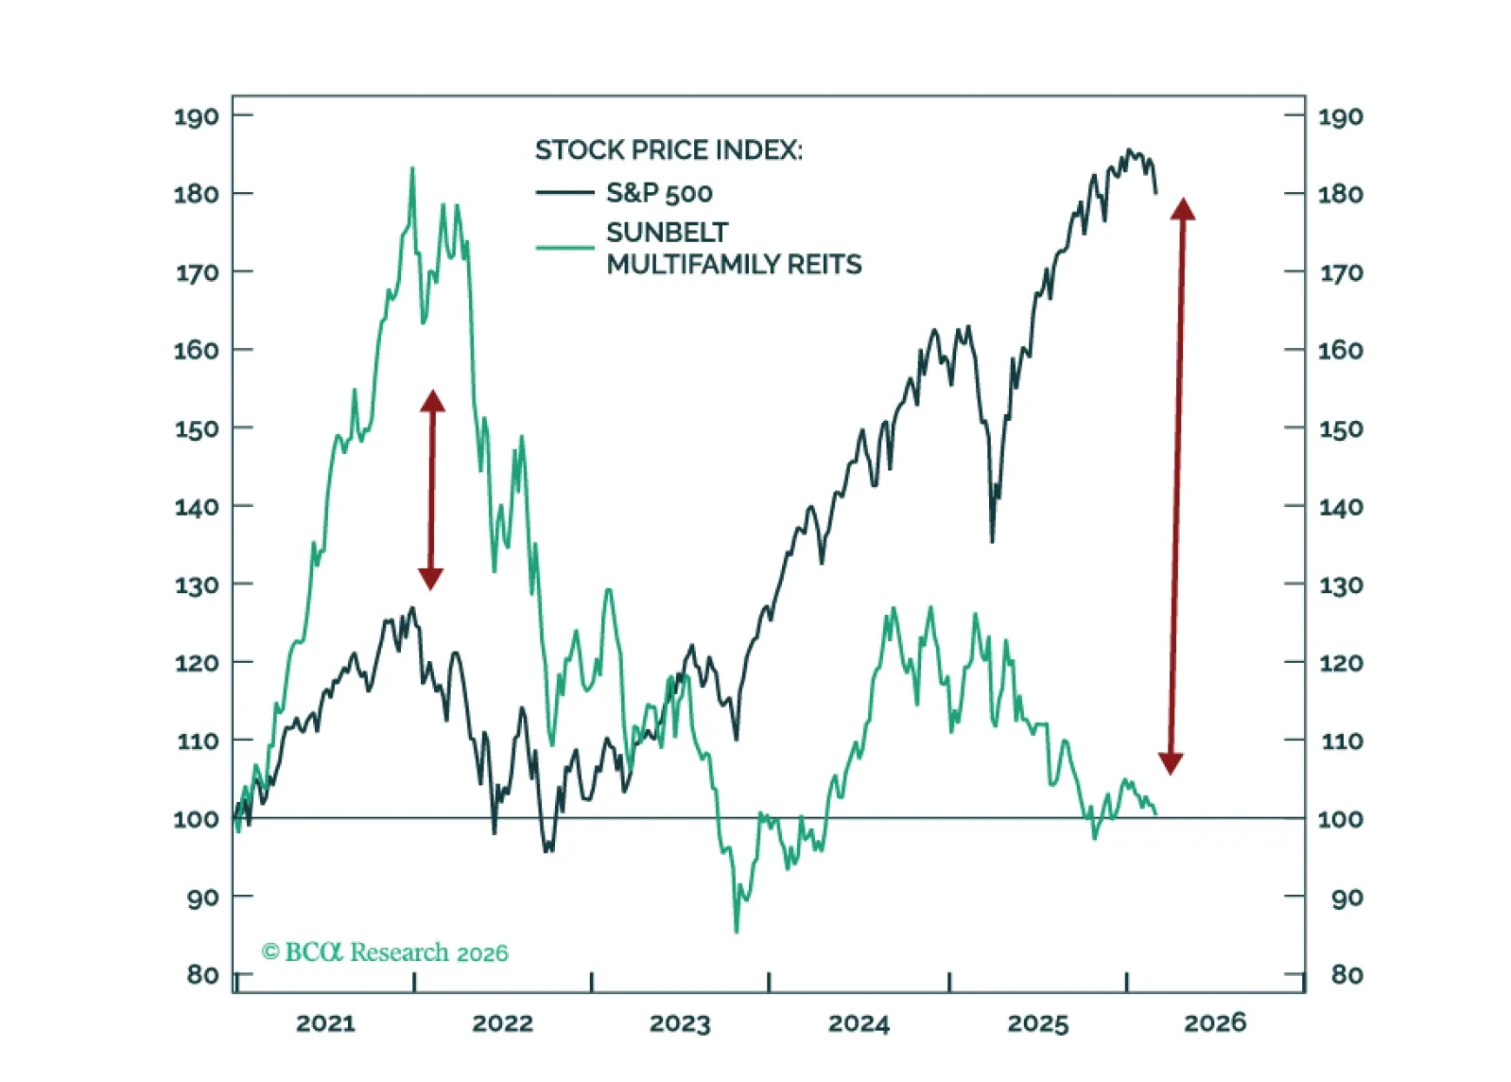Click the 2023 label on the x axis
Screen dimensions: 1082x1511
679,1023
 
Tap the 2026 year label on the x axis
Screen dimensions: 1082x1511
1215,1022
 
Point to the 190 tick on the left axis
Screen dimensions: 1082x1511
196,116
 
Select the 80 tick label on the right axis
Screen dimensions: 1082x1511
1346,974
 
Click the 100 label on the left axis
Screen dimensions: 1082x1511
196,819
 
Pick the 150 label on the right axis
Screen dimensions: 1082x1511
1341,428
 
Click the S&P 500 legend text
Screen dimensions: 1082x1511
659,193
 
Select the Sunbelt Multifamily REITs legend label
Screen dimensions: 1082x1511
734,248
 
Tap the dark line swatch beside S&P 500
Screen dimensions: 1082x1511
564,193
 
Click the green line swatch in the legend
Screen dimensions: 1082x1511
564,248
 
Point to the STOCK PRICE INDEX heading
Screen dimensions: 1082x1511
669,150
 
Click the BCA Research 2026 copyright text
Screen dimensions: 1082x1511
385,952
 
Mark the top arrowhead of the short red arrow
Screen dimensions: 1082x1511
432,401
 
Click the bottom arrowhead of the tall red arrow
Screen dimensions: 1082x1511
1171,763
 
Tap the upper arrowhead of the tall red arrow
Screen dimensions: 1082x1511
1183,209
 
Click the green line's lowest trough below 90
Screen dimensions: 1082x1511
737,932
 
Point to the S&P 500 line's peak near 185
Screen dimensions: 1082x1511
1128,149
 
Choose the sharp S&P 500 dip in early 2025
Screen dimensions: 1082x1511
992,541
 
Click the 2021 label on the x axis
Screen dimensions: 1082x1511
325,1023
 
